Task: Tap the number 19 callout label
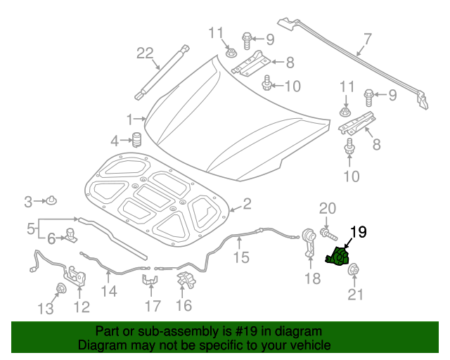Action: coord(358,231)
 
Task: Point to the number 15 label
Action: coord(241,257)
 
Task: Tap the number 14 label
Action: coord(109,290)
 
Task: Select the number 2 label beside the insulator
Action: coord(247,205)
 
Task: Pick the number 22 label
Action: coord(144,53)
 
